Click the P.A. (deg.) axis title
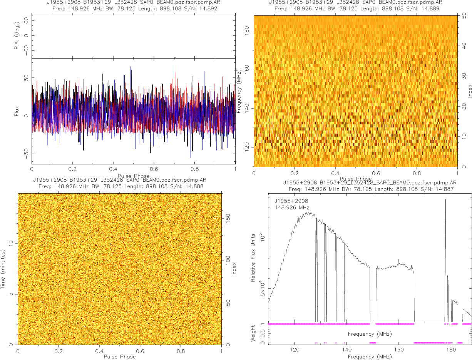(x=17, y=36)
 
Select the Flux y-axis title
(x=16, y=112)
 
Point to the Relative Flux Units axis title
(x=253, y=257)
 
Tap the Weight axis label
(x=253, y=333)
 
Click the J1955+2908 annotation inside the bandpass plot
(x=291, y=201)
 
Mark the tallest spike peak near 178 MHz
(x=445, y=199)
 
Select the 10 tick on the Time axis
(x=11, y=243)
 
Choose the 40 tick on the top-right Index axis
(x=464, y=45)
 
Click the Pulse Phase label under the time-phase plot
(x=120, y=357)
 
